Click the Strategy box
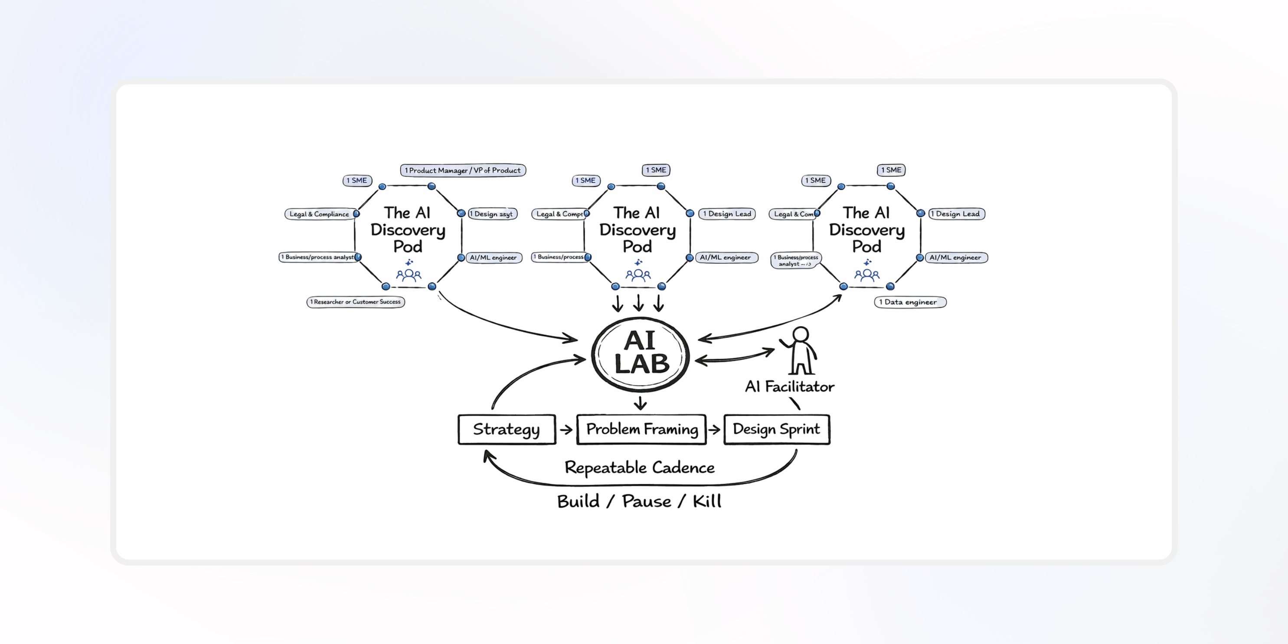pos(507,429)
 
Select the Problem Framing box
pos(641,429)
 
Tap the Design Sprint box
pos(777,429)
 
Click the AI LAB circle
pos(641,353)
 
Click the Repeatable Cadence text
pos(640,467)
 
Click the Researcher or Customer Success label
pos(356,302)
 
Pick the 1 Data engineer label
pos(910,302)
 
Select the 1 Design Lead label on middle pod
pos(727,214)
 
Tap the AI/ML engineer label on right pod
pos(955,258)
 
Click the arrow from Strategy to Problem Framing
pos(566,429)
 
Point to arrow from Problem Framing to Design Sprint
pos(715,429)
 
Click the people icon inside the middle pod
pos(638,275)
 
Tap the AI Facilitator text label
pos(790,386)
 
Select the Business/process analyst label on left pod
pos(318,257)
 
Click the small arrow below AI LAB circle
pos(641,403)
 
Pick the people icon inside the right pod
pos(867,275)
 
